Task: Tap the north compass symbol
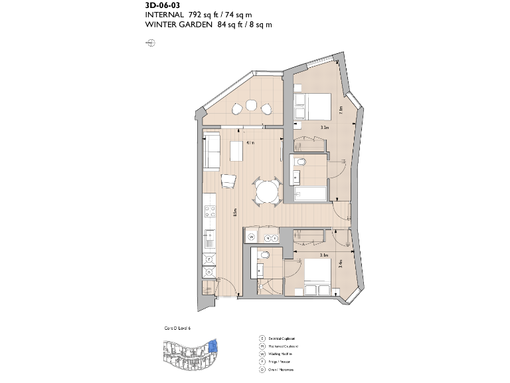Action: (x=151, y=43)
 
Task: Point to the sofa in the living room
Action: (x=213, y=152)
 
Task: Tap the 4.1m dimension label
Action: (x=250, y=142)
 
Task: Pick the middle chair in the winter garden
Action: (x=252, y=105)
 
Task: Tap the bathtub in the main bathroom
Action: (x=310, y=195)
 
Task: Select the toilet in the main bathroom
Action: (x=301, y=162)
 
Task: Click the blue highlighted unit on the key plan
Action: (x=212, y=346)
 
